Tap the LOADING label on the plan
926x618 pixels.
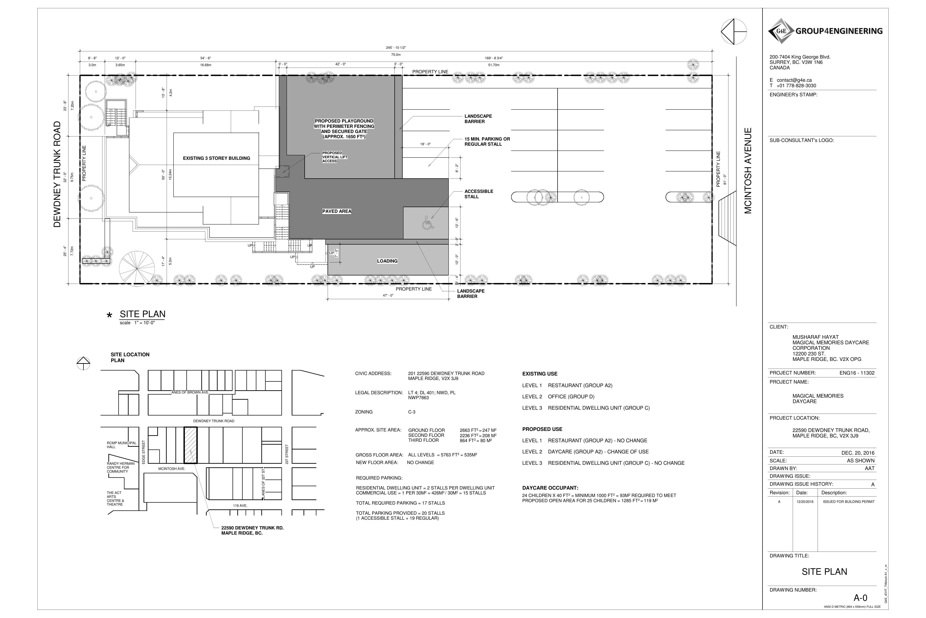tap(387, 261)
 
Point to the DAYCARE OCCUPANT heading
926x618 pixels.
tap(550, 488)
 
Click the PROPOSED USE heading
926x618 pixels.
tap(542, 429)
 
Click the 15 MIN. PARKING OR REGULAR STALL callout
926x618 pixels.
tap(487, 141)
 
